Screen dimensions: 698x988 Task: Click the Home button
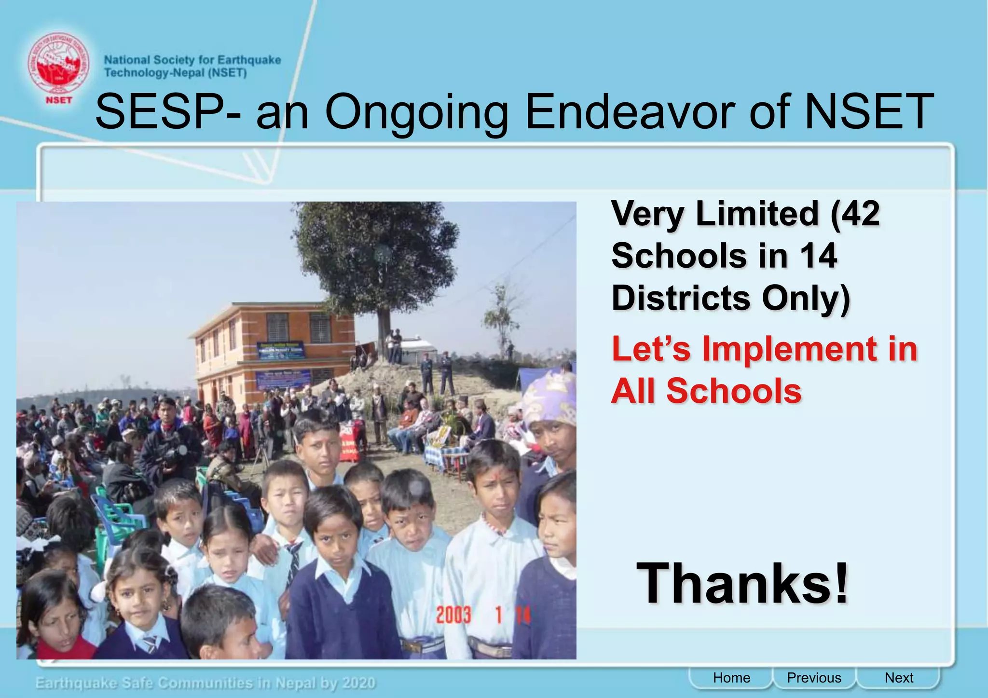[731, 678]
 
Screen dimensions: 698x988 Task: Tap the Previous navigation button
[814, 678]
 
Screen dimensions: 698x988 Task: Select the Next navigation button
[899, 678]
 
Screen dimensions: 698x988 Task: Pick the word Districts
[680, 298]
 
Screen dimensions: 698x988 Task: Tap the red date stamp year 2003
[453, 615]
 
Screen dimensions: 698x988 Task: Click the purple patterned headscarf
[550, 396]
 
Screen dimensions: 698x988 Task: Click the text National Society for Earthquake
[192, 60]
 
